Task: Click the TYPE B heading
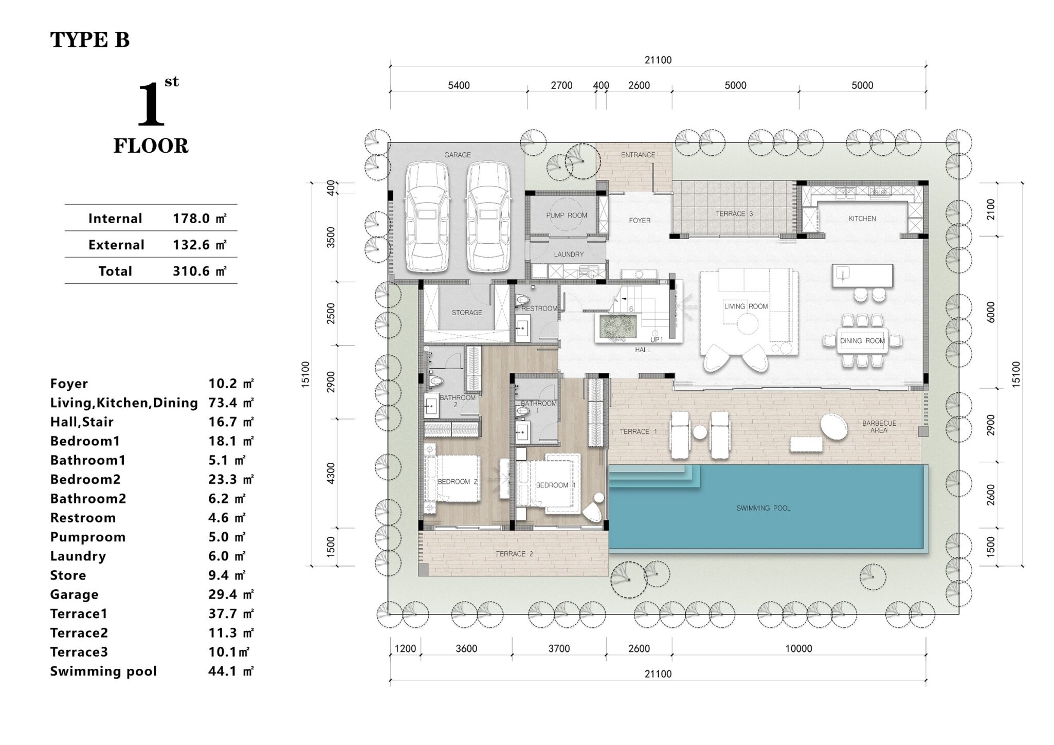tap(89, 40)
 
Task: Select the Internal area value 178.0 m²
tap(199, 219)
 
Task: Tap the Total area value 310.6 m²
tap(199, 271)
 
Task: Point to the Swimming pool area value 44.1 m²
tap(231, 671)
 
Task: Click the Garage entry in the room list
tap(74, 595)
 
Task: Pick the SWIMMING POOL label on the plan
tap(764, 508)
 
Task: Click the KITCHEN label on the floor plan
tap(862, 219)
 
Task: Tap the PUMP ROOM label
tap(567, 215)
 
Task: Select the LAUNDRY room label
tap(569, 254)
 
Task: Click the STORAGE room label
tap(467, 312)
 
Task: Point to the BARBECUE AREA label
tap(879, 427)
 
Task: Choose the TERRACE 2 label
tap(514, 554)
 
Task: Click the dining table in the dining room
tap(862, 341)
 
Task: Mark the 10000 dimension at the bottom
tap(798, 649)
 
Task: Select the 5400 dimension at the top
tap(459, 85)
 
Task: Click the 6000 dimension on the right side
tap(991, 312)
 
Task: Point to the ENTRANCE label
tap(638, 155)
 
